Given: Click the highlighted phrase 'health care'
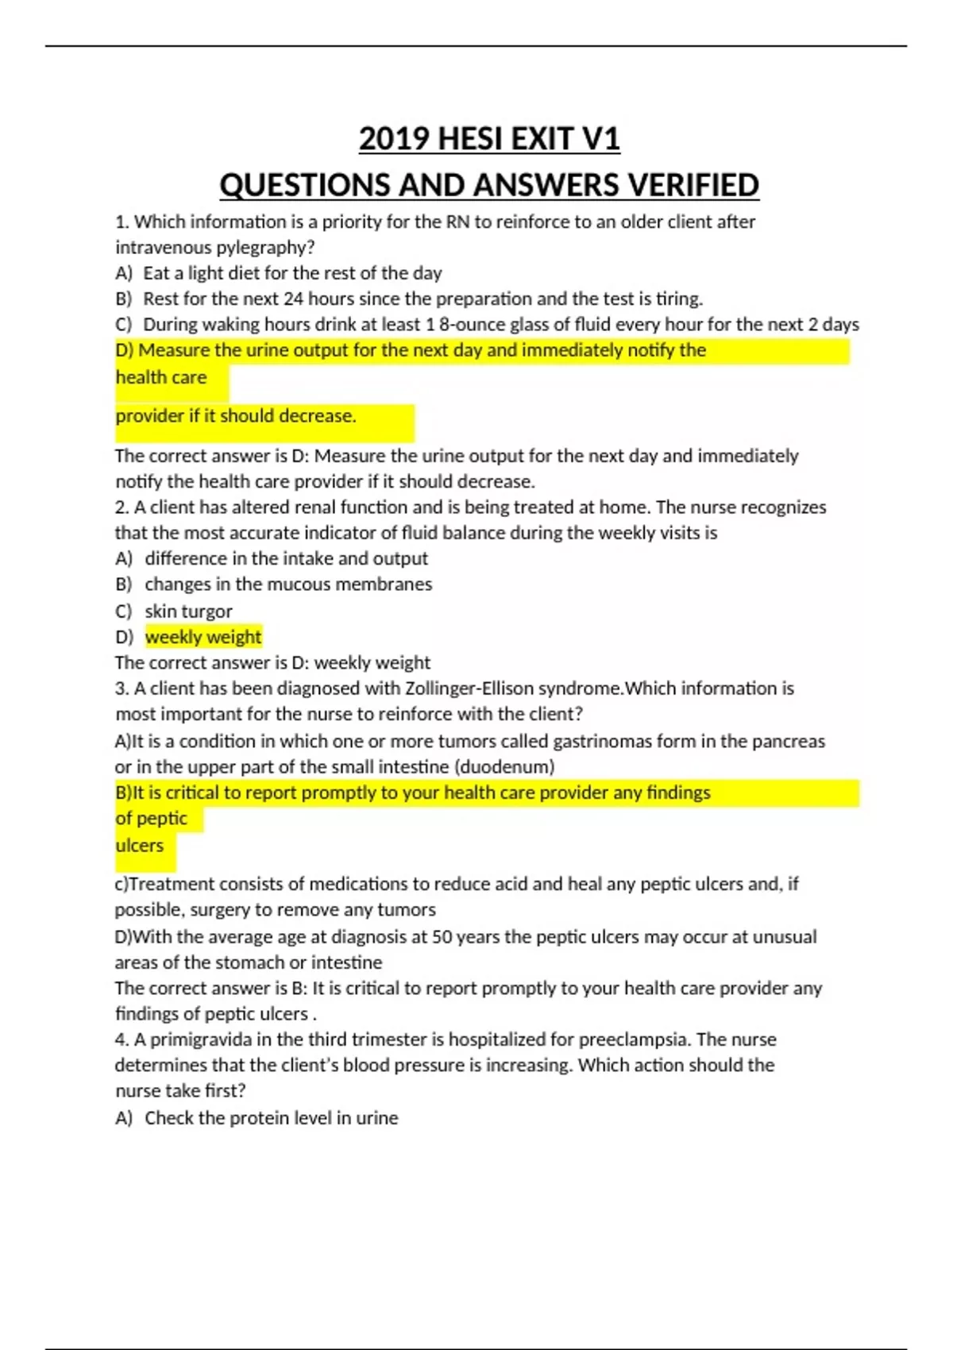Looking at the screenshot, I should [x=161, y=377].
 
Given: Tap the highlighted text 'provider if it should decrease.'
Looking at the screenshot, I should [x=236, y=416].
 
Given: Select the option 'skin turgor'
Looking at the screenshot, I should [x=188, y=611].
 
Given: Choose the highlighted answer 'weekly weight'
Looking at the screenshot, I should [x=203, y=637].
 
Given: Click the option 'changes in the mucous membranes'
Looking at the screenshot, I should [x=288, y=584].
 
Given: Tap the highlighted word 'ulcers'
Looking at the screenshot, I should [x=140, y=846].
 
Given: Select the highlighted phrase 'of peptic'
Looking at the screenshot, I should [x=152, y=819].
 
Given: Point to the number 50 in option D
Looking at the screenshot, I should [x=442, y=937].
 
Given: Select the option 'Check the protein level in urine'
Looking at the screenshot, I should [x=271, y=1118].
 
